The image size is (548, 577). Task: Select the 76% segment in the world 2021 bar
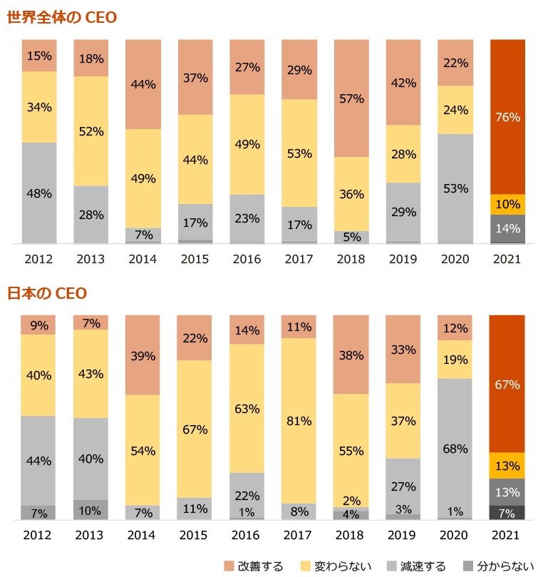[x=507, y=117]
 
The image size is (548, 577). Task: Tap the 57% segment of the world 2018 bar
[x=351, y=98]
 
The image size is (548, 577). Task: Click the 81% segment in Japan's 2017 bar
[x=299, y=421]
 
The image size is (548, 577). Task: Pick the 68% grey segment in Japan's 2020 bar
[x=455, y=449]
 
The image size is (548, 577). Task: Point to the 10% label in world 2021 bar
[x=507, y=205]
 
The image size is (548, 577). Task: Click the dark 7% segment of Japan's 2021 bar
[x=507, y=513]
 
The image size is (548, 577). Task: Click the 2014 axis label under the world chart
[x=143, y=260]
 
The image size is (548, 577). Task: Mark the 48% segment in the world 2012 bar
[x=38, y=193]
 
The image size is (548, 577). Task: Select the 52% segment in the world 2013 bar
[x=91, y=131]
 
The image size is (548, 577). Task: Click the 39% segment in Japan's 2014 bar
[x=143, y=355]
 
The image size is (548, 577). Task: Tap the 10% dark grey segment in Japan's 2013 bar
[x=91, y=510]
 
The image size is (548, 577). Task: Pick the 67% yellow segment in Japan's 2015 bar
[x=195, y=429]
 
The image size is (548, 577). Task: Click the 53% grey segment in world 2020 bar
[x=455, y=189]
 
